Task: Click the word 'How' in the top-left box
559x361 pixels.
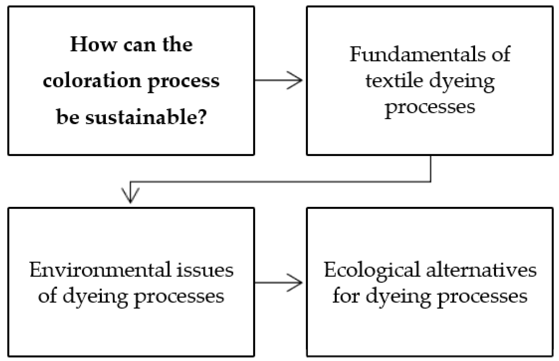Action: click(x=93, y=45)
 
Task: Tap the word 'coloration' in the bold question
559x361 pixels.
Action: click(x=92, y=81)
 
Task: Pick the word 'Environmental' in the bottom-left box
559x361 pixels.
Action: click(x=100, y=270)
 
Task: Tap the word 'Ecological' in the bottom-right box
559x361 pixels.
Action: click(x=372, y=270)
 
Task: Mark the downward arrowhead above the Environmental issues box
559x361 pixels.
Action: click(x=131, y=197)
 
